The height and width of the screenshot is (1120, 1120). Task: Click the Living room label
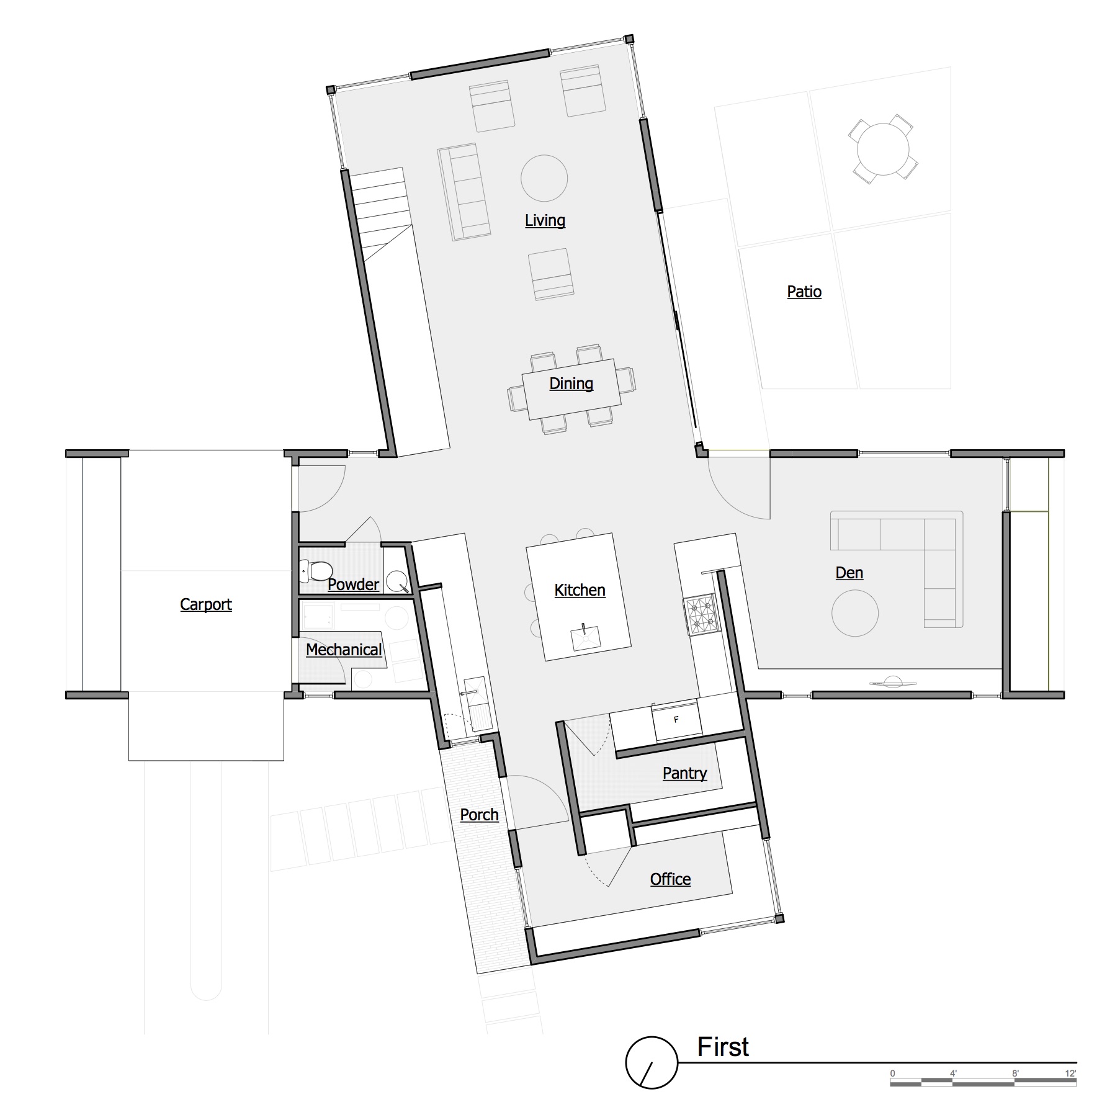pos(545,220)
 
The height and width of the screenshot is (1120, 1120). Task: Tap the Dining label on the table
pos(571,383)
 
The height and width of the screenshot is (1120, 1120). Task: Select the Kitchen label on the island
pos(580,590)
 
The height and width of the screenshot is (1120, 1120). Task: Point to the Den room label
pos(849,573)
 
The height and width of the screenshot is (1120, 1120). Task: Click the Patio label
pos(804,292)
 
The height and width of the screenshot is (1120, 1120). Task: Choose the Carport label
pos(205,604)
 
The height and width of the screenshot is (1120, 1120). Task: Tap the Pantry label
pos(684,773)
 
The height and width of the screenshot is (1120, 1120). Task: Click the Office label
pos(670,879)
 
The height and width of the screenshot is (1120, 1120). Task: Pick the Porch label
pos(479,815)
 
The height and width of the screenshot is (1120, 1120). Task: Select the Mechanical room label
pos(344,650)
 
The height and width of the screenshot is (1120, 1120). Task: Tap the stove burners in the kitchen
pos(701,614)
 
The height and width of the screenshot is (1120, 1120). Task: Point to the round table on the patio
pos(883,149)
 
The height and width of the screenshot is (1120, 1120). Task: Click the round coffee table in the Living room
pos(544,178)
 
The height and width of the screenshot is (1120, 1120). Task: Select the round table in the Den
pos(855,613)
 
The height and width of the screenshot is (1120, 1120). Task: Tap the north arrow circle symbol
pos(652,1062)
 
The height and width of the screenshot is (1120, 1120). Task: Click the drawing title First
pos(723,1047)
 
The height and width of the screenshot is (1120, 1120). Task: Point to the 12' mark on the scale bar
pos(1070,1073)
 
